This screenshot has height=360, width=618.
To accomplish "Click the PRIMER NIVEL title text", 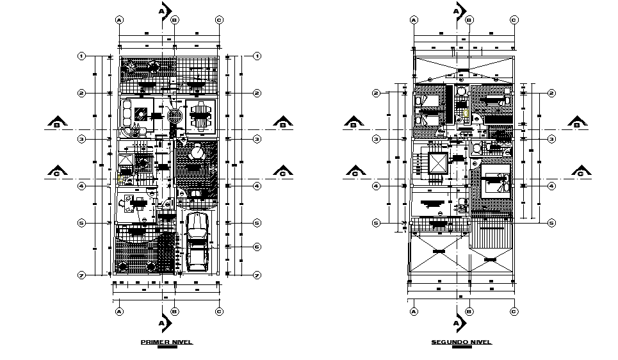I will tap(166, 343).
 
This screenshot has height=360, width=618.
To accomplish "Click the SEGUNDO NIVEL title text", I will tap(461, 343).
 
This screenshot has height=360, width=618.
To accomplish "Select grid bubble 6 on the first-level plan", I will tap(256, 247).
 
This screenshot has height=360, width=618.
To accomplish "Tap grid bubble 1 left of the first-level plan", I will tap(81, 56).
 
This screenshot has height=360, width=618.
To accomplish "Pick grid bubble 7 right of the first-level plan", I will tap(256, 275).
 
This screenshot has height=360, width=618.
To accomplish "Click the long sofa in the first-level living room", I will tap(126, 115).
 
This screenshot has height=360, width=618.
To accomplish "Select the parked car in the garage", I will tap(197, 242).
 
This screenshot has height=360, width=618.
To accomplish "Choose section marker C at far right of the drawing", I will tap(580, 172).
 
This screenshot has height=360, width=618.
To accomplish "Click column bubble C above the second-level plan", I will tap(514, 20).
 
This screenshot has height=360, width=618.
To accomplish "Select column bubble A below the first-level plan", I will tap(119, 311).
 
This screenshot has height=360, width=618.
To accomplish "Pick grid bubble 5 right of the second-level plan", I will tap(551, 223).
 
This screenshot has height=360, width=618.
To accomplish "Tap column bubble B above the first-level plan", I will tap(174, 20).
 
